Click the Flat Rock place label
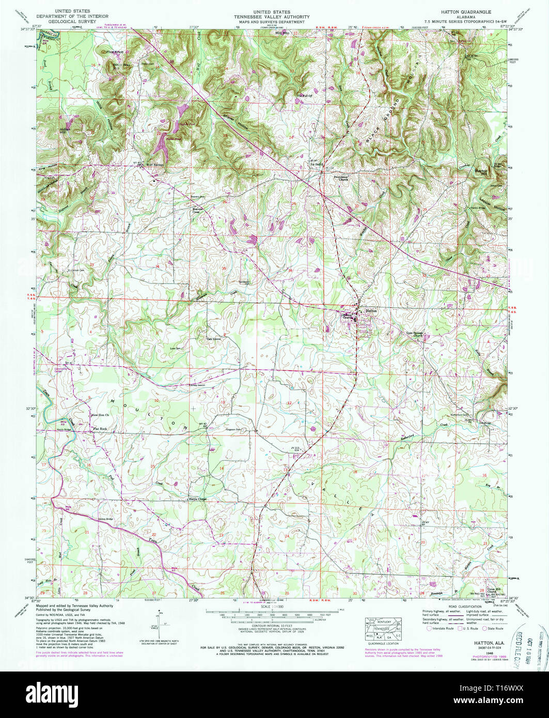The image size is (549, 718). (x=99, y=429)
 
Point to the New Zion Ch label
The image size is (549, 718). (x=101, y=415)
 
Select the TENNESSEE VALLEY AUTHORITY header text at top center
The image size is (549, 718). (x=274, y=17)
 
